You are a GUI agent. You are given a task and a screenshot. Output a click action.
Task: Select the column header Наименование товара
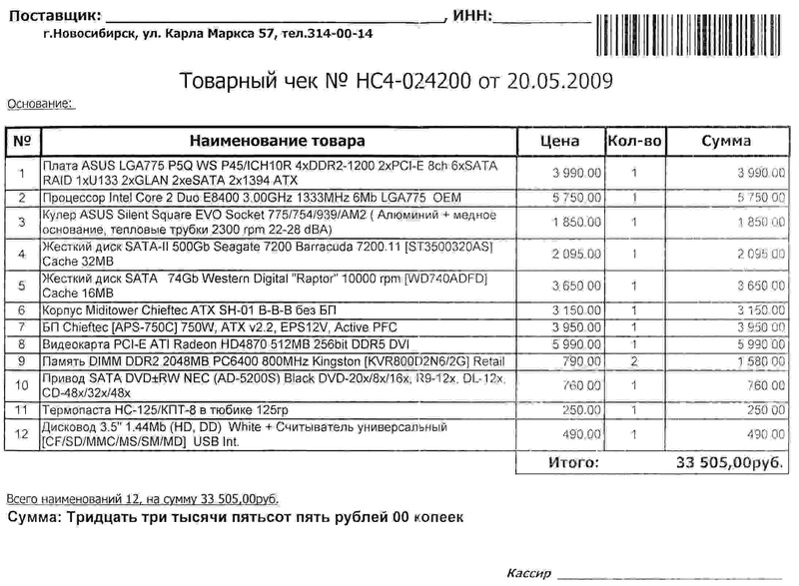[277, 141]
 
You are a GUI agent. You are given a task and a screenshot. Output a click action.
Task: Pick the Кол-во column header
[635, 141]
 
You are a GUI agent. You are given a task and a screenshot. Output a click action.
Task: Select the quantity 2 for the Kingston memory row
[635, 361]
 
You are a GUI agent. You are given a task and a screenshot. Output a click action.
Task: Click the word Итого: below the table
[572, 463]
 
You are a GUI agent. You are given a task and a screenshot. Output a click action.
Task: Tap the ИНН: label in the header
[471, 15]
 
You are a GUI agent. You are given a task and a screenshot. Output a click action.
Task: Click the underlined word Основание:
[40, 103]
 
